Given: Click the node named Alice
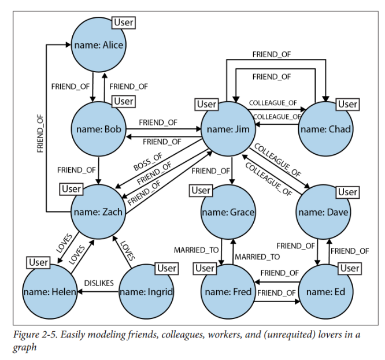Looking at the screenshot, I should (x=98, y=44).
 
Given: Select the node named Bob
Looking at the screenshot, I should (x=98, y=129).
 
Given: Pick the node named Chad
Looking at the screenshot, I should (x=325, y=129).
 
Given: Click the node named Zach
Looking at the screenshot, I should (x=98, y=211).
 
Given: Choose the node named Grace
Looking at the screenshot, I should (x=228, y=212).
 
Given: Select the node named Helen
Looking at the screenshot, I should (x=50, y=292).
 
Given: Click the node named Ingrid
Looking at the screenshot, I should (x=146, y=292).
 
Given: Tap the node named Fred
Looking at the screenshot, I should (x=228, y=292).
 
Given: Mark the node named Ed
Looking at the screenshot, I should (x=325, y=292).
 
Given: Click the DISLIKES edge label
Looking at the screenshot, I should (x=99, y=283).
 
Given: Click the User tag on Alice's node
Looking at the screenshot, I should (x=124, y=23).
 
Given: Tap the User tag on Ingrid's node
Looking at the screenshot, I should (x=166, y=268).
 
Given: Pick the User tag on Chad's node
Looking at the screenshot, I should (x=347, y=104).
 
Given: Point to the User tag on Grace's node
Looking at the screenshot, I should (x=201, y=190).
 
